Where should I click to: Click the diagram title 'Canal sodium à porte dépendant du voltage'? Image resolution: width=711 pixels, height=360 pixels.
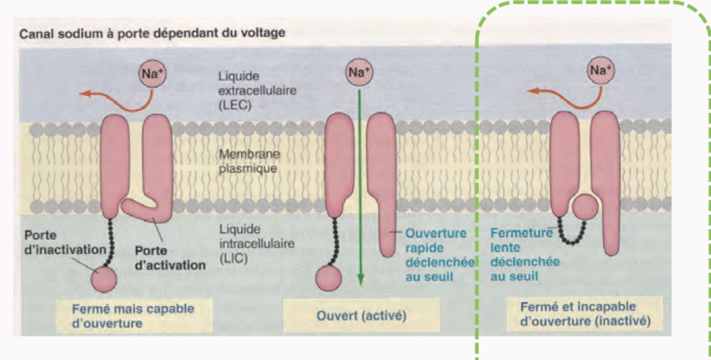pyautogui.click(x=152, y=33)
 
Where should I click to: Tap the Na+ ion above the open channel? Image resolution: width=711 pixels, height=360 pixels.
pyautogui.click(x=360, y=72)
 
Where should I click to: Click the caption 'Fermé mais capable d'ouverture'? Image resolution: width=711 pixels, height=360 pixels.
pyautogui.click(x=133, y=314)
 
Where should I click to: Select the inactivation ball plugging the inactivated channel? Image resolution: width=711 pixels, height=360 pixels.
pyautogui.click(x=584, y=207)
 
